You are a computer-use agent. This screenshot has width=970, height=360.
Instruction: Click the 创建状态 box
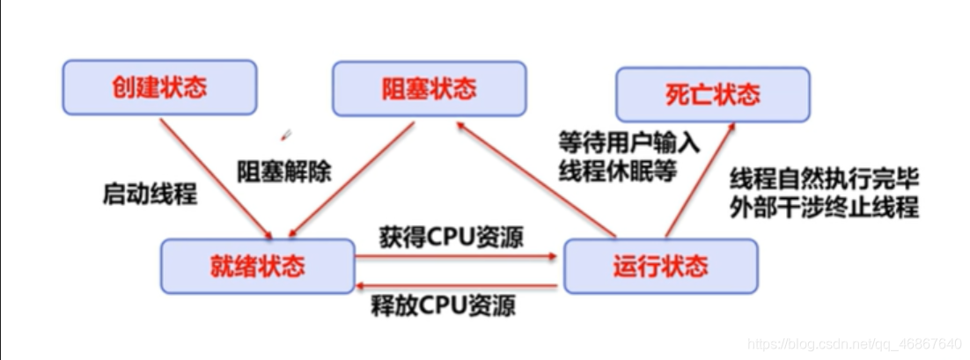159,87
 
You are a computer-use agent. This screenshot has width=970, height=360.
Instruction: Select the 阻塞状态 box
429,88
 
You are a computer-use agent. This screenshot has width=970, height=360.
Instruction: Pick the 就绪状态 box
257,265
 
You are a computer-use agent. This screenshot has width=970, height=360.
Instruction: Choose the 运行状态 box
659,265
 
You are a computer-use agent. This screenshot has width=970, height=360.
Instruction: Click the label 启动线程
150,194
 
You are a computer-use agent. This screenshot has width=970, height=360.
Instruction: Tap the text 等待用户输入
628,143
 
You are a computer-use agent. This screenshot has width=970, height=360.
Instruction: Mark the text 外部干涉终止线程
825,209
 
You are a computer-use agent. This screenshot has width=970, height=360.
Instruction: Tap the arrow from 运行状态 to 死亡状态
700,180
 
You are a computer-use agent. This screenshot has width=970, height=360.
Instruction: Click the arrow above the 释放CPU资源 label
458,286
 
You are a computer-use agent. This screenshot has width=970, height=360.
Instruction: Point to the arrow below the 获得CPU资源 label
458,257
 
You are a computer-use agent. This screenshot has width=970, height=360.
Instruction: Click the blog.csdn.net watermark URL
853,342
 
